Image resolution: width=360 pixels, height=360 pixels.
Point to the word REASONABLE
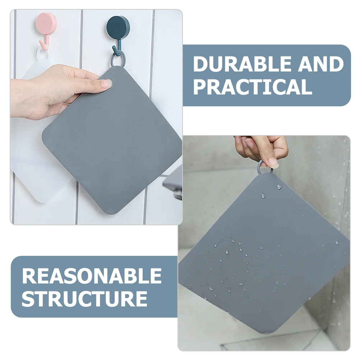pyautogui.click(x=92, y=276)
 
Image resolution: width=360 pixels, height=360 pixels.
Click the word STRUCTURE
pyautogui.click(x=85, y=299)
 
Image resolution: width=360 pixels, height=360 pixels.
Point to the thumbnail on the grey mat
pyautogui.click(x=106, y=84)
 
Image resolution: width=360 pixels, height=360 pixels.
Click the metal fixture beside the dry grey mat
pyautogui.click(x=174, y=183)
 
